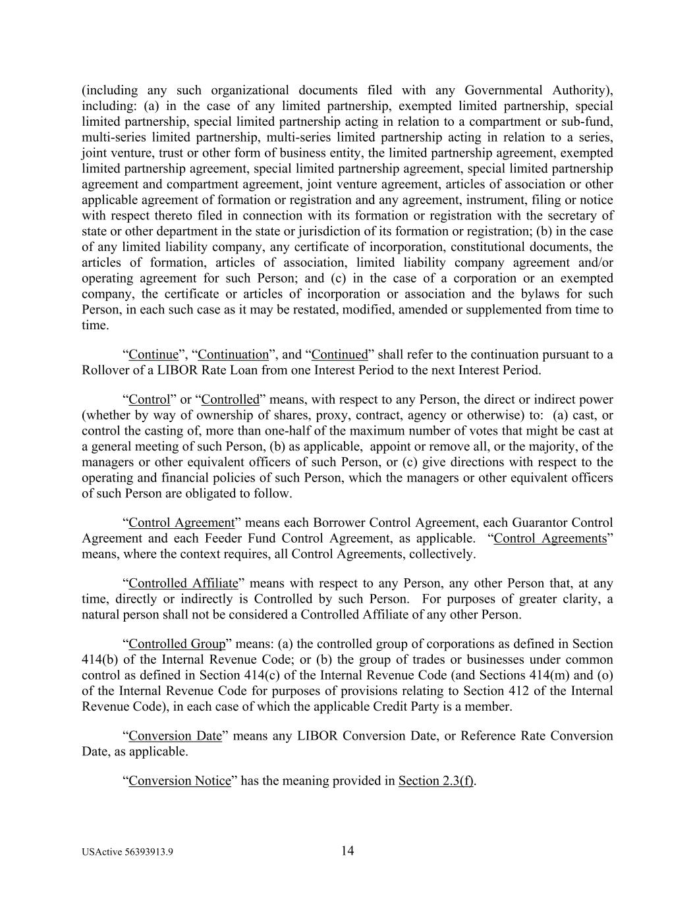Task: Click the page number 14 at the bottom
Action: click(347, 851)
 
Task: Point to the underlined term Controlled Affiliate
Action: click(182, 583)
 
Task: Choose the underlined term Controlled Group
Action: click(177, 643)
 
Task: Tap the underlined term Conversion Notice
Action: click(179, 780)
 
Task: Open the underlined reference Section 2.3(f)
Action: click(435, 780)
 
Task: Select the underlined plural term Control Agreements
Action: click(550, 538)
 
